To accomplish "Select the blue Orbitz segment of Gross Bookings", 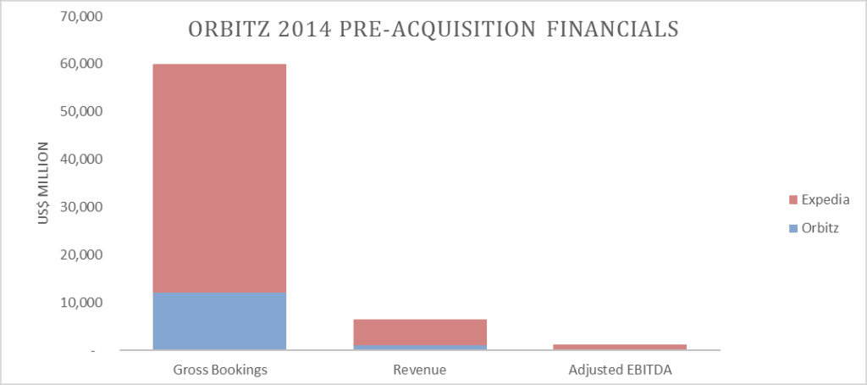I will click(x=219, y=321).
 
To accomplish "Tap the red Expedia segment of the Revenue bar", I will click(x=420, y=332).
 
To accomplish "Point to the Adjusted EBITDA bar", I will click(x=620, y=347).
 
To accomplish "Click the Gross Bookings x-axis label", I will click(x=219, y=370).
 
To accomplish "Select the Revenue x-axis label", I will click(x=420, y=370).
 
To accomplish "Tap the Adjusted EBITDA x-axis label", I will click(x=620, y=370).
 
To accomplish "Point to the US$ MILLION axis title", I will click(x=41, y=183).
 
